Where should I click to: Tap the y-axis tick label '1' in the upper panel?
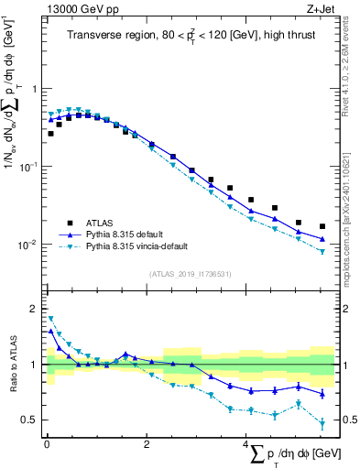(x=35, y=89)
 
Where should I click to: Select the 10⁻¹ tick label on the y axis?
(x=29, y=167)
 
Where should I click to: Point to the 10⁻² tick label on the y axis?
(x=29, y=245)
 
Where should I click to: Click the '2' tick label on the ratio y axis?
(x=35, y=309)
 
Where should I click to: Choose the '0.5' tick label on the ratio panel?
(x=30, y=420)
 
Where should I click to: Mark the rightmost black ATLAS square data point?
(x=322, y=226)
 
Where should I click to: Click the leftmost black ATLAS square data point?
(x=50, y=134)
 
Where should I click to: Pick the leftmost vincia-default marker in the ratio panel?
(x=50, y=319)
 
